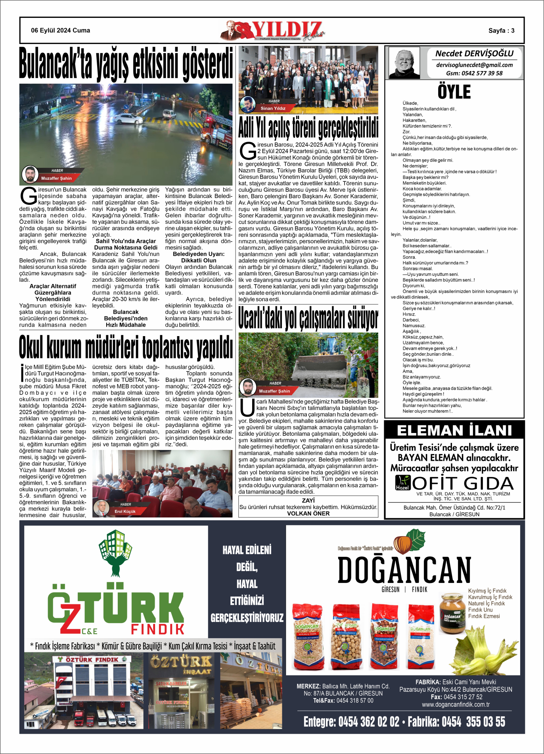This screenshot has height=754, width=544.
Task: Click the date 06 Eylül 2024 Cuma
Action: click(x=60, y=31)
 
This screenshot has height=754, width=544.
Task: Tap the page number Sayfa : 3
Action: click(x=501, y=31)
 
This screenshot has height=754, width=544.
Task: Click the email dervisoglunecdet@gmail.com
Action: click(x=474, y=65)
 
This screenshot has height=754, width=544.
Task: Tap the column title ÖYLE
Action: click(x=454, y=92)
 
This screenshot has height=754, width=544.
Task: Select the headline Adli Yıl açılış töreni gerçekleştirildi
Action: click(x=308, y=128)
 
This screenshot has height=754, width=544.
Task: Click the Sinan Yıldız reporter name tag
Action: click(x=273, y=108)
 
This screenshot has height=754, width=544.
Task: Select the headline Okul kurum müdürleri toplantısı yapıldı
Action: click(x=126, y=347)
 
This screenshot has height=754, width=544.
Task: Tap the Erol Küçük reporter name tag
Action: click(x=125, y=512)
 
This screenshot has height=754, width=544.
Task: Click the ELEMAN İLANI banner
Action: click(x=454, y=431)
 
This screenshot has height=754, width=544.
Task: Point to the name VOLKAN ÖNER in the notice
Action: click(x=308, y=514)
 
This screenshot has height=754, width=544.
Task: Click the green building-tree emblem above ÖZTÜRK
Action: click(x=115, y=552)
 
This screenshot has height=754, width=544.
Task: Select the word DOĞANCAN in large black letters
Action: click(x=404, y=569)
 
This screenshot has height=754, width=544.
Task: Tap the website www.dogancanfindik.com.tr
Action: click(x=456, y=704)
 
